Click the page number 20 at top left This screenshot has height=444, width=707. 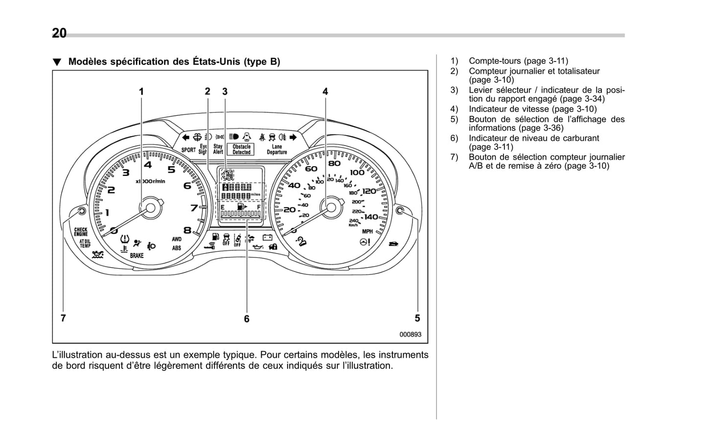pyautogui.click(x=59, y=33)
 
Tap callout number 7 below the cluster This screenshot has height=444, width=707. pyautogui.click(x=63, y=318)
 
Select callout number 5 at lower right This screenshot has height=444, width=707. pyautogui.click(x=417, y=318)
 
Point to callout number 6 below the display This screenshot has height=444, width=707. pyautogui.click(x=247, y=319)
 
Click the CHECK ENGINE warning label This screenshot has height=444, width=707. pyautogui.click(x=81, y=232)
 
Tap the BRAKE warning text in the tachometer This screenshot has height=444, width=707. pyautogui.click(x=137, y=255)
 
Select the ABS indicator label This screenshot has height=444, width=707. pyautogui.click(x=176, y=248)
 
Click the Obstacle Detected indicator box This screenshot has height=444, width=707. pyautogui.click(x=241, y=149)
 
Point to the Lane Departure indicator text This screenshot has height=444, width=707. pyautogui.click(x=277, y=149)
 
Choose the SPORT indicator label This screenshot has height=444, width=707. pyautogui.click(x=188, y=150)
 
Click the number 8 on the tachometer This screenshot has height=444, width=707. pyautogui.click(x=187, y=230)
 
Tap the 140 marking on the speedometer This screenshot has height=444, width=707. pyautogui.click(x=370, y=216)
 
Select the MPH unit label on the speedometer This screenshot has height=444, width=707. pyautogui.click(x=367, y=231)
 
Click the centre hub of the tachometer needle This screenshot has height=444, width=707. pyautogui.click(x=150, y=208)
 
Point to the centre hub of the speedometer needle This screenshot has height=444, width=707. pyautogui.click(x=331, y=207)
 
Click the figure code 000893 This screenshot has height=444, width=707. pyautogui.click(x=410, y=335)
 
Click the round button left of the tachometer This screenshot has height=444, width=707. pyautogui.click(x=82, y=211)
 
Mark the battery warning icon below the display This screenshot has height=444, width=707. pyautogui.click(x=267, y=238)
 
